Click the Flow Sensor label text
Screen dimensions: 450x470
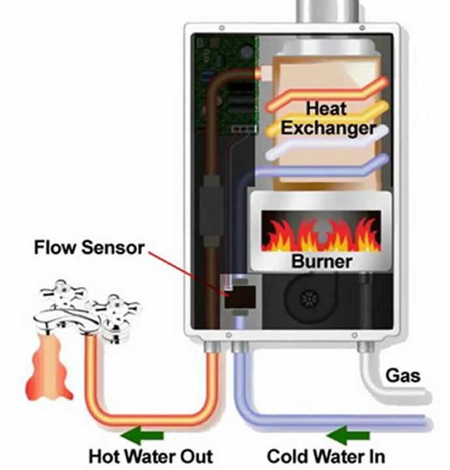[89, 247]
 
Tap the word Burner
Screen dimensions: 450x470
[322, 261]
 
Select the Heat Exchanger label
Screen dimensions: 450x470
[328, 118]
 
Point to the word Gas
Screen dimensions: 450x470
[402, 375]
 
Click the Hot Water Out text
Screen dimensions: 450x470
[151, 456]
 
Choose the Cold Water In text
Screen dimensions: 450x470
[326, 456]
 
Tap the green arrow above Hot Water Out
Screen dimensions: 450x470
[142, 435]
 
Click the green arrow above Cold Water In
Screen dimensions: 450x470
[348, 435]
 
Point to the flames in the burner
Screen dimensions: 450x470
[321, 235]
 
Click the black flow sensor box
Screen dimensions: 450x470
[241, 297]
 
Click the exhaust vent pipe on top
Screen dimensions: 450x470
[327, 11]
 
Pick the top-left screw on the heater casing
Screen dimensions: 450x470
[222, 28]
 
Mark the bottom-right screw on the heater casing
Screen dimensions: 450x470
[355, 335]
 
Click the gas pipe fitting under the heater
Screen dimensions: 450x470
[366, 347]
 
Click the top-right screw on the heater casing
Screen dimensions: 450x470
[362, 28]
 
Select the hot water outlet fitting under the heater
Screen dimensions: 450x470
[212, 347]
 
